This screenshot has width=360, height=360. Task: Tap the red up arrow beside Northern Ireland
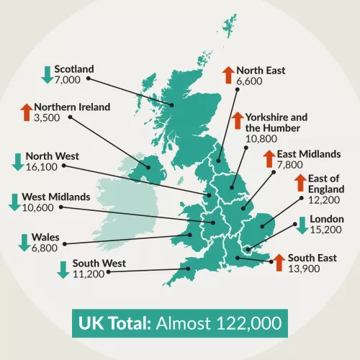25,112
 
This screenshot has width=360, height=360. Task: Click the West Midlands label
56,196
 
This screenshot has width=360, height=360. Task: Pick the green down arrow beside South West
63,269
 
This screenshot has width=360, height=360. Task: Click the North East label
261,71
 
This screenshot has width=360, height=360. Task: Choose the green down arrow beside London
302,225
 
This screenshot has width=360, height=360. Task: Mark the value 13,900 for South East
303,268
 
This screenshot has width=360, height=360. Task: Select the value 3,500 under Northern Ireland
48,117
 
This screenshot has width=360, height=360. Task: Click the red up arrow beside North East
228,74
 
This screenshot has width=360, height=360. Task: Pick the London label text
327,219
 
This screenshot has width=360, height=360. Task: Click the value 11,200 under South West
87,274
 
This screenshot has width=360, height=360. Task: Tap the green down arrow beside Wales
23,242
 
